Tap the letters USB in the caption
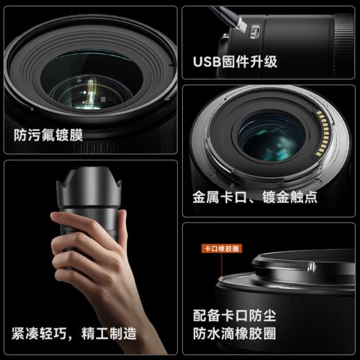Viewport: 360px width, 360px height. (206, 62)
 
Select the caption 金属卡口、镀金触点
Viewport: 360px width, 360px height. (254, 197)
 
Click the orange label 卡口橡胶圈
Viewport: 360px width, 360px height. (220, 247)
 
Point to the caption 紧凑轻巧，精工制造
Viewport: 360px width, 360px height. (74, 333)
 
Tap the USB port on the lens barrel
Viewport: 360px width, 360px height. (255, 31)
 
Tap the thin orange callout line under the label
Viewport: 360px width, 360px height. (220, 264)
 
